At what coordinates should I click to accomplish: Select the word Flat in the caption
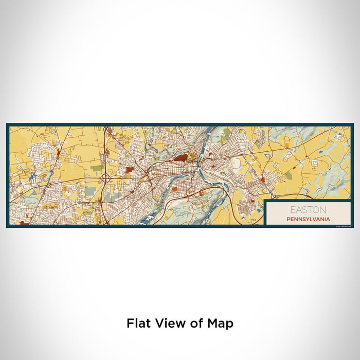138,323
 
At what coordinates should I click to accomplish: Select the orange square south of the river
175,189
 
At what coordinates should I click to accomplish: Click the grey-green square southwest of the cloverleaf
91,191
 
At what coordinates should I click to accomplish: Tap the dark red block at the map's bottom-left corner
22,223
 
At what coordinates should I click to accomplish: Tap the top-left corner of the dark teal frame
7,124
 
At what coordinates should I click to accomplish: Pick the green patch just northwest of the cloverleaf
96,168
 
